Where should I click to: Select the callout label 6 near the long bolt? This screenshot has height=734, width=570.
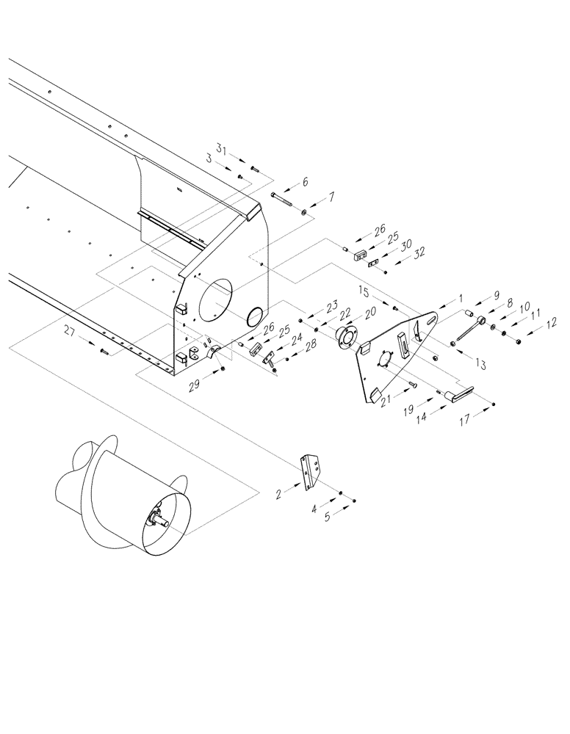[306, 181]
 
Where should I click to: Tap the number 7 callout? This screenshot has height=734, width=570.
[331, 197]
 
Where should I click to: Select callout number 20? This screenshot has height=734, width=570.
[369, 311]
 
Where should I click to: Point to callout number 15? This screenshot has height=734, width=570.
[364, 293]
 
